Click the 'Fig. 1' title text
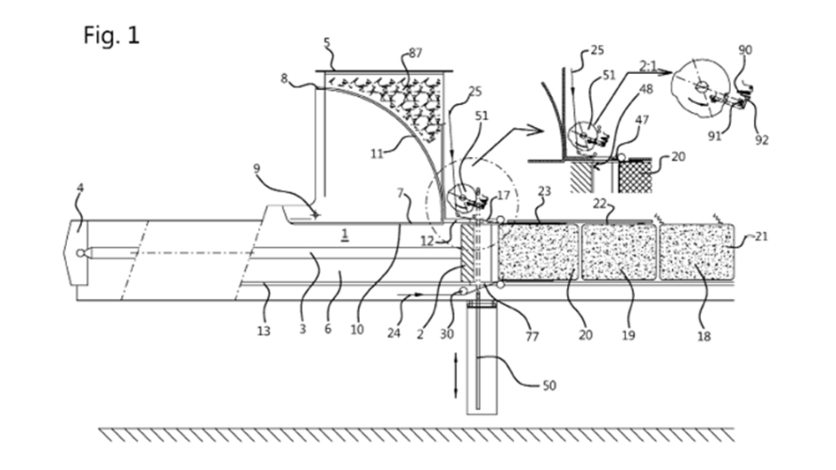pyautogui.click(x=111, y=35)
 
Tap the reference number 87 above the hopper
pyautogui.click(x=415, y=53)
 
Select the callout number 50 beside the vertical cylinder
pyautogui.click(x=549, y=385)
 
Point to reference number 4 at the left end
pyautogui.click(x=80, y=188)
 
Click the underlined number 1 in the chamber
pyautogui.click(x=345, y=234)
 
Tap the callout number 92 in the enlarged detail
pyautogui.click(x=762, y=139)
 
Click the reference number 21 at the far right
pyautogui.click(x=761, y=236)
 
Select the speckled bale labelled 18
pyautogui.click(x=697, y=252)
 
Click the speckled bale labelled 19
pyautogui.click(x=619, y=252)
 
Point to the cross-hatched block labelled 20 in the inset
pyautogui.click(x=635, y=175)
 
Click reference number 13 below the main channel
pyautogui.click(x=264, y=331)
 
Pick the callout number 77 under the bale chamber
pyautogui.click(x=532, y=336)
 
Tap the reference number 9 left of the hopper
pyautogui.click(x=257, y=169)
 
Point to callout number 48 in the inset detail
pyautogui.click(x=646, y=88)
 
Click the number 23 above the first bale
pyautogui.click(x=544, y=190)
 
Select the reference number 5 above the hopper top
pyautogui.click(x=327, y=42)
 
